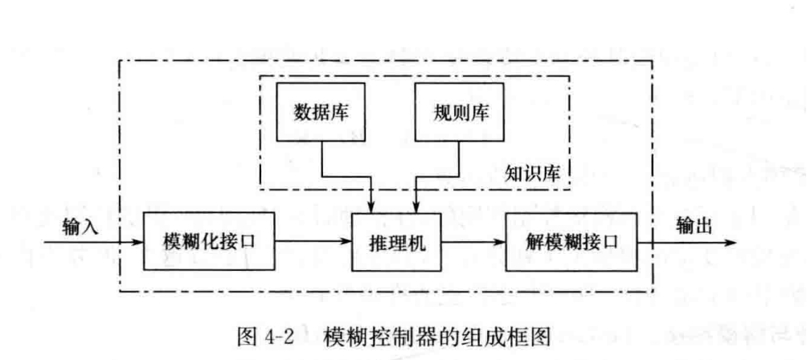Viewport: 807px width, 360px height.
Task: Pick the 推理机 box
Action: tap(399, 241)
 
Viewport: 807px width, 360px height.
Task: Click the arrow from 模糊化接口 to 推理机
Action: tap(313, 241)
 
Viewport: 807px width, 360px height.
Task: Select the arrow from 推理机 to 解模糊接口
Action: tap(474, 241)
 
